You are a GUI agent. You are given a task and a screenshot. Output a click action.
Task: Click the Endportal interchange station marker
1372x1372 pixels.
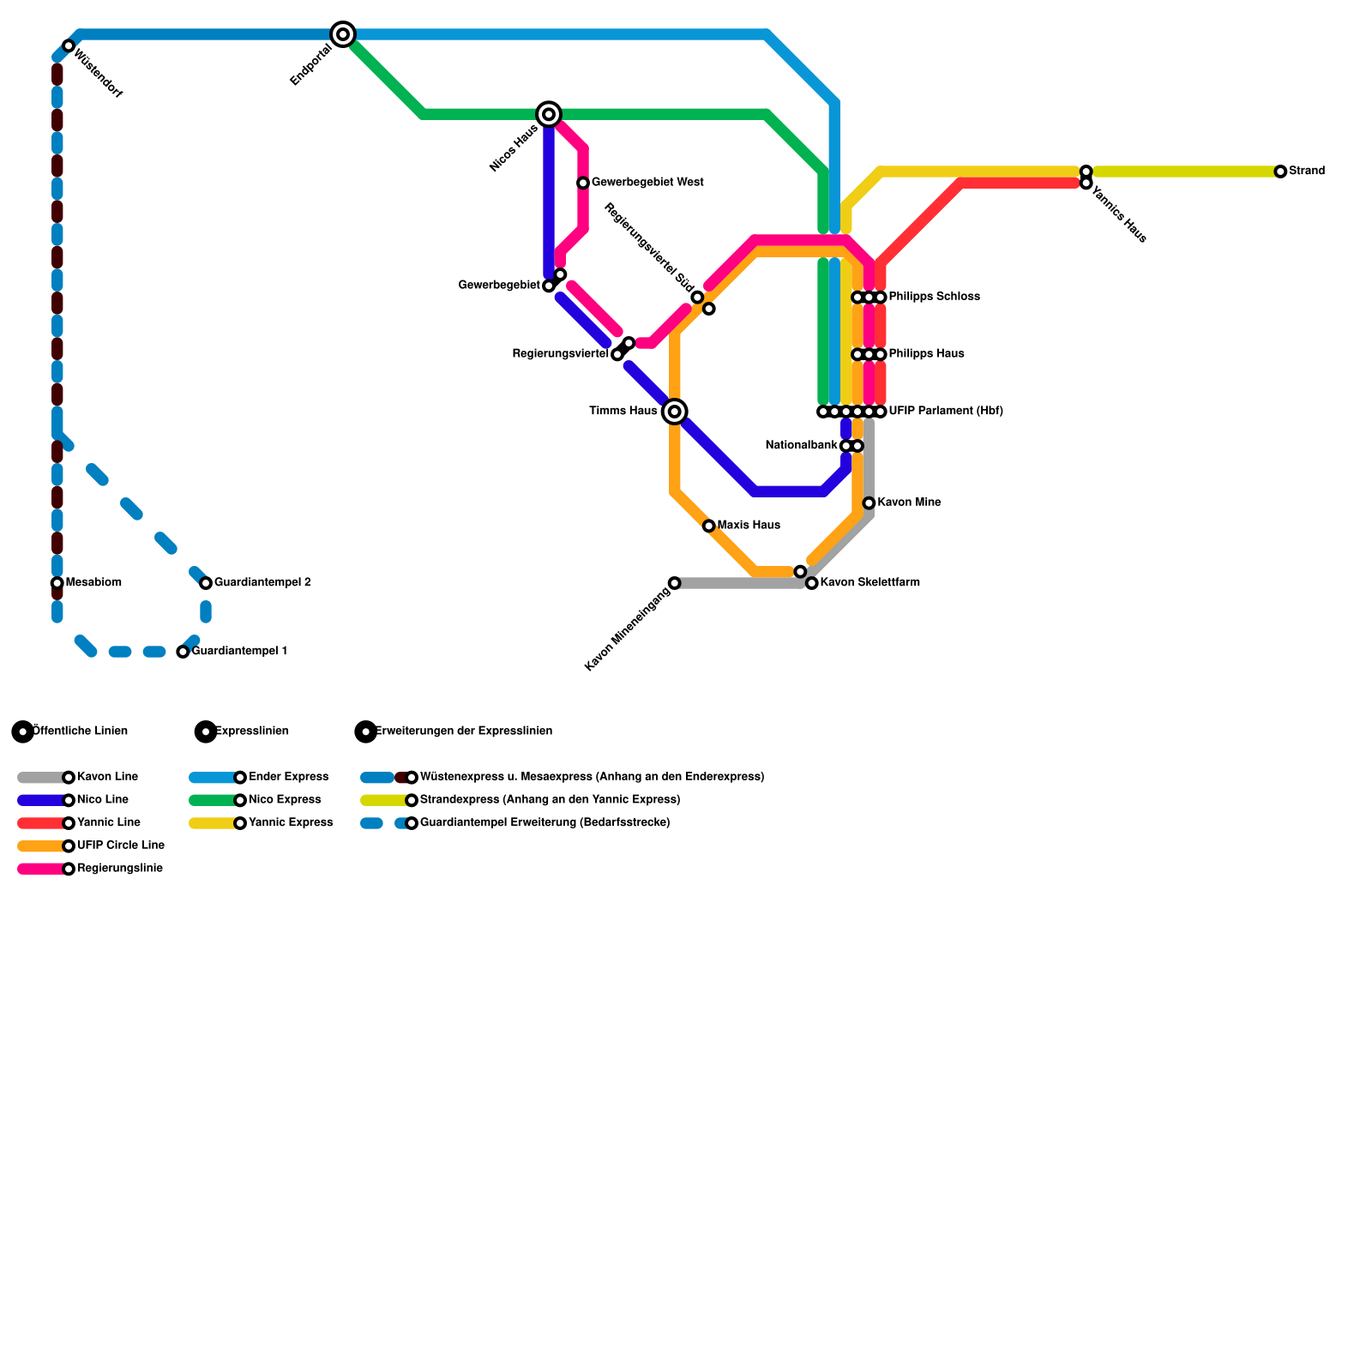click(343, 34)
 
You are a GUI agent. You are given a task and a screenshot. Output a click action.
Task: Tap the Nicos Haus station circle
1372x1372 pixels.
click(549, 114)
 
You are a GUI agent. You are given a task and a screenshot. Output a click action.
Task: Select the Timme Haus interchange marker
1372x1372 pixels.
click(675, 412)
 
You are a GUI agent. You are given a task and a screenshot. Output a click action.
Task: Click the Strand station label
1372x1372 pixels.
click(1307, 171)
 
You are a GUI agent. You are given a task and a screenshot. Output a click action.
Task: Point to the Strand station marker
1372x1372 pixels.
click(1280, 171)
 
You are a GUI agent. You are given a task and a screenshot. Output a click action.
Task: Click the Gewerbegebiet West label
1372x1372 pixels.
click(647, 183)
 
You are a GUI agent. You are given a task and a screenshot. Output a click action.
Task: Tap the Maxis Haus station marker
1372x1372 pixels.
click(708, 526)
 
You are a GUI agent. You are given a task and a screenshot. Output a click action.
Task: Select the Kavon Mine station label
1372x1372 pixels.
click(909, 502)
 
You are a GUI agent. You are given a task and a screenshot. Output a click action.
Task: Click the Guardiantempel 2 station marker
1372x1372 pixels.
click(206, 583)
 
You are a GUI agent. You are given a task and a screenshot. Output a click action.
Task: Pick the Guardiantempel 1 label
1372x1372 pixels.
click(239, 652)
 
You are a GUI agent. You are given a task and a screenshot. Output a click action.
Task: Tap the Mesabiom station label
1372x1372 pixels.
click(93, 583)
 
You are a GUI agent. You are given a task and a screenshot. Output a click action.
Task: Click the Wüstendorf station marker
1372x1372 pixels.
click(69, 45)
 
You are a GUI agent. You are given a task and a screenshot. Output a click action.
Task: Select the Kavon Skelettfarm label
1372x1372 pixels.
click(870, 583)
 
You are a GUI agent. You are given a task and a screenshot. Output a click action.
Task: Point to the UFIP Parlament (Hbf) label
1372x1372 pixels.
click(946, 412)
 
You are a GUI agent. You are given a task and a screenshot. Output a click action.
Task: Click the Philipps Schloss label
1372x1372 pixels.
click(934, 297)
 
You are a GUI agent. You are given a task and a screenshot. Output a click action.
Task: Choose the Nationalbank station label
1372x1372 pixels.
click(801, 446)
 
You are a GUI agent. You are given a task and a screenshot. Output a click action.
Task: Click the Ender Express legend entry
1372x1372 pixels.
click(288, 777)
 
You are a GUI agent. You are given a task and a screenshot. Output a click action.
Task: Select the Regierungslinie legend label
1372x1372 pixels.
click(120, 869)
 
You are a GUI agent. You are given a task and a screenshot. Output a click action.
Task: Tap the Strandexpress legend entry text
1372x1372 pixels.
click(550, 800)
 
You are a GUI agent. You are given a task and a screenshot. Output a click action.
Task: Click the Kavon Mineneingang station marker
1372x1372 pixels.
click(674, 583)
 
